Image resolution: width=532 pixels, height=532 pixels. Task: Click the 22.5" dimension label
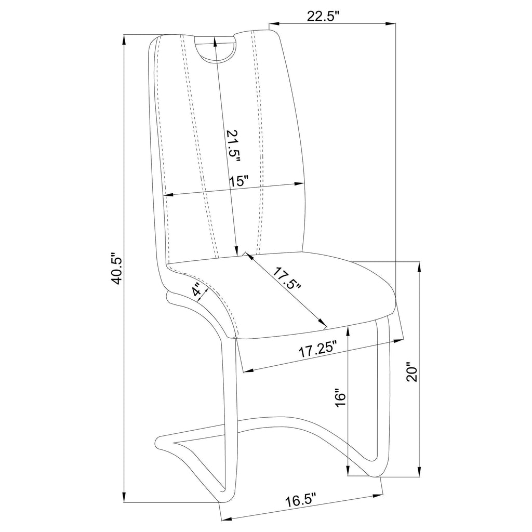pos(323,17)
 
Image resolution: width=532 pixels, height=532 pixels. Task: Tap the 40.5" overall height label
pos(117,268)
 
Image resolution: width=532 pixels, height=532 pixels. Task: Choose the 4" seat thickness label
pos(199,291)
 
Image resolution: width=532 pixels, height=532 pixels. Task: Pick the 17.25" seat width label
pos(317,350)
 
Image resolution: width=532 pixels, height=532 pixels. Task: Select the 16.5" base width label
pos(300,499)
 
